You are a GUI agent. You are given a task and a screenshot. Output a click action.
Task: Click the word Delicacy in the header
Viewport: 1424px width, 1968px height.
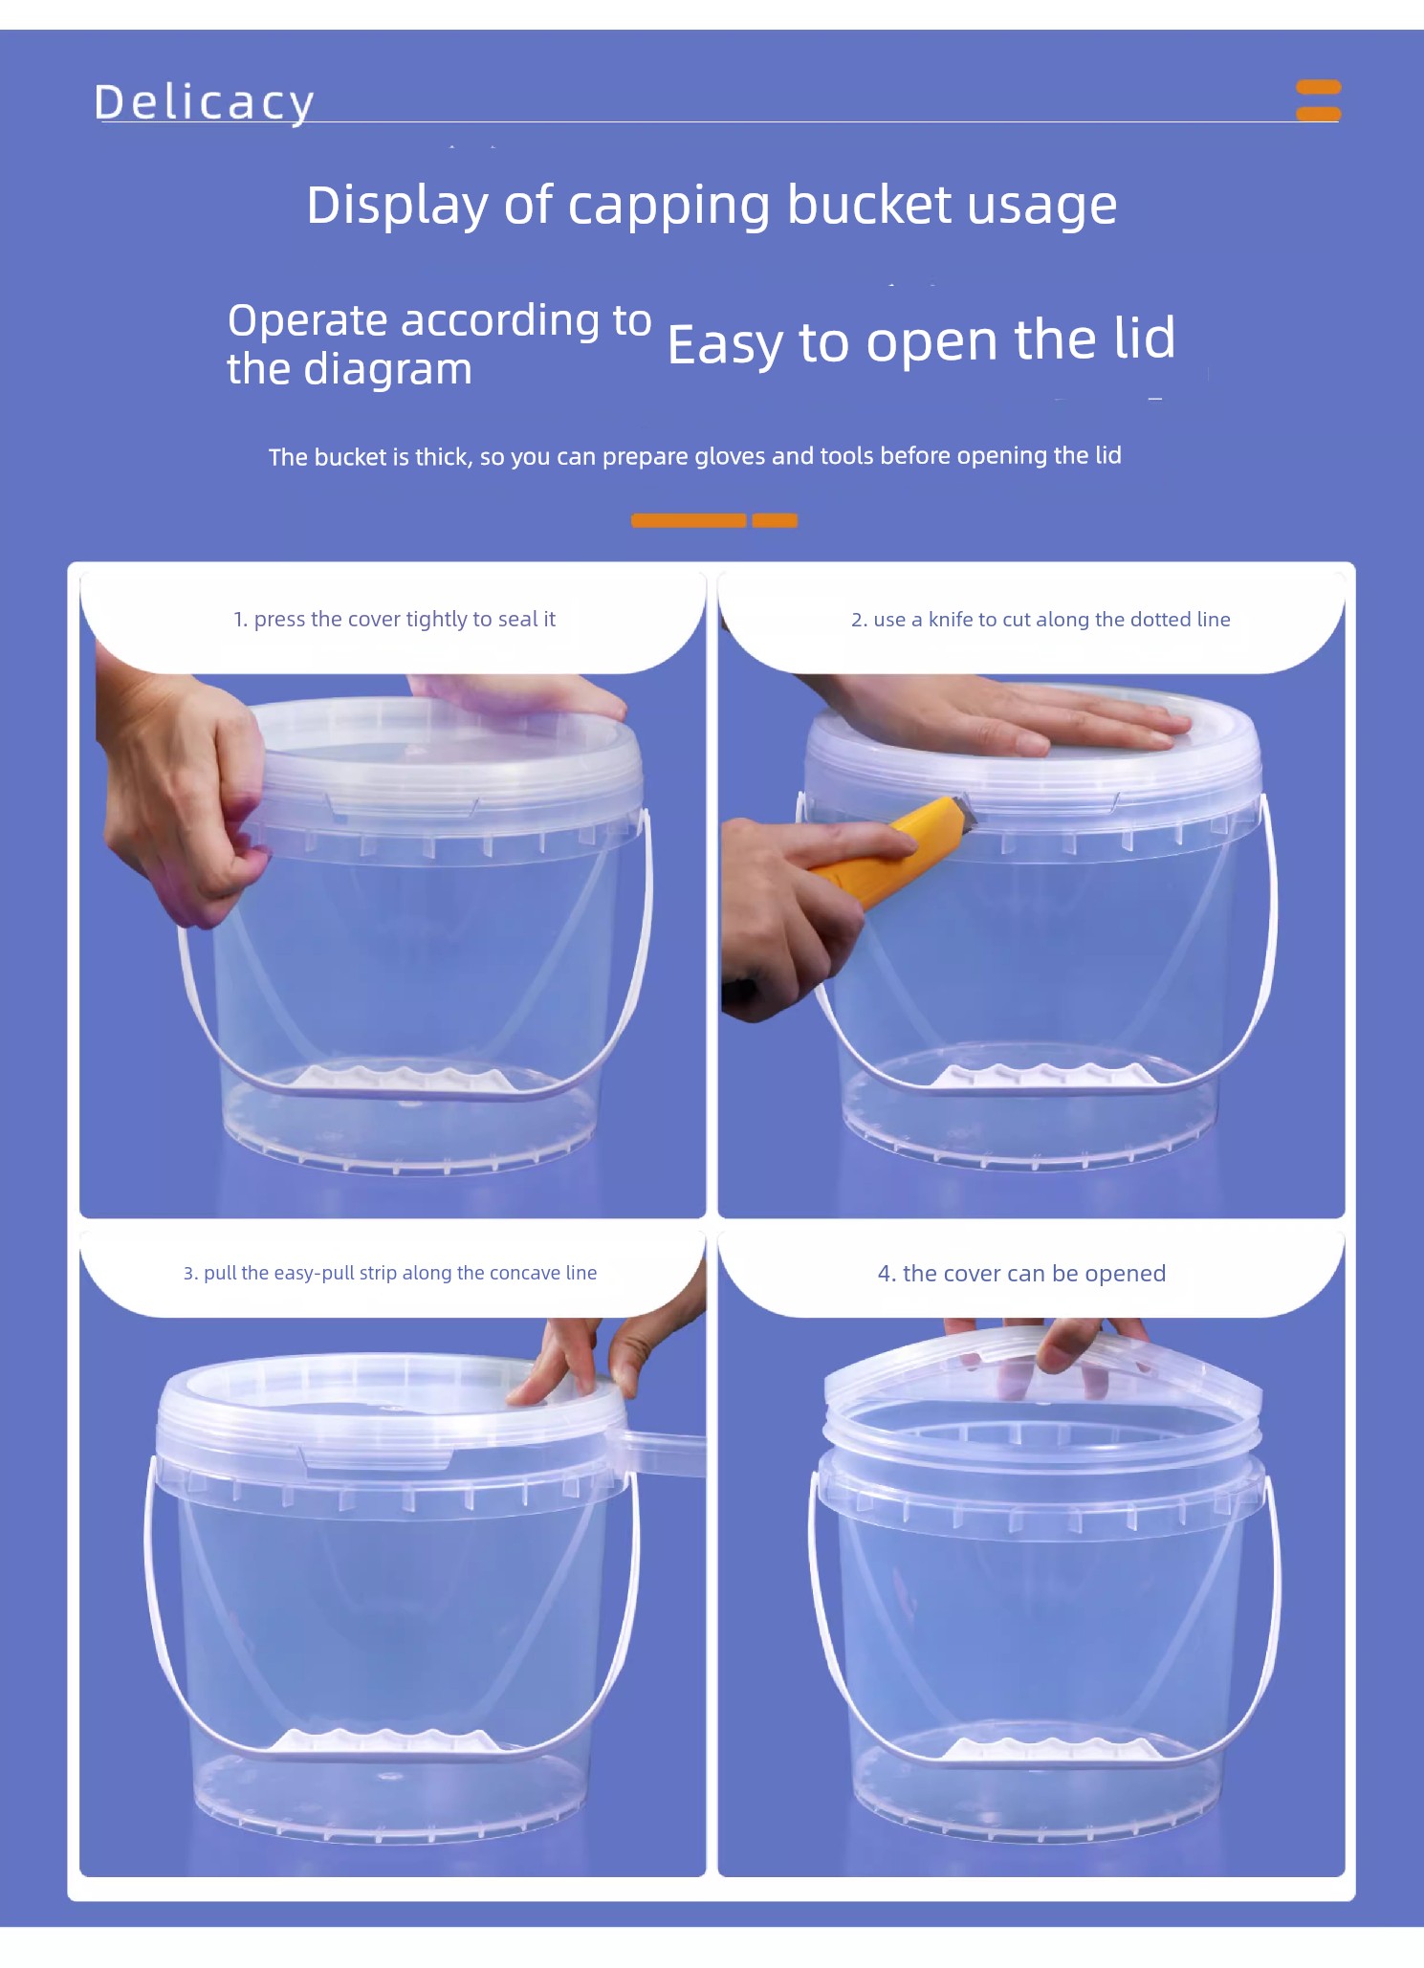tap(204, 102)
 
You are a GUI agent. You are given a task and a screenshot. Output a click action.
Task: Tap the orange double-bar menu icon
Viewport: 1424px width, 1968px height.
tap(1318, 100)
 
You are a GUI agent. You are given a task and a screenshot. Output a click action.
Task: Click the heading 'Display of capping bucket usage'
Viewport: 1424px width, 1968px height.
tap(712, 206)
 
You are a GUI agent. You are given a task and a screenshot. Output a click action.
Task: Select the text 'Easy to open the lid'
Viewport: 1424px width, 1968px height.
tap(921, 340)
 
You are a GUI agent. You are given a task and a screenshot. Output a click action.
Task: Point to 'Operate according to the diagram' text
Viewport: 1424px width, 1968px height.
tap(439, 344)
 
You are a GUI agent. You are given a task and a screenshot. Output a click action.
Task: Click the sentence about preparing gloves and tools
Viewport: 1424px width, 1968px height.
tap(694, 456)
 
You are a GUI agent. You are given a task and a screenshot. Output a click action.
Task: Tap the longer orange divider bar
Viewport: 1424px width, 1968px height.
tap(689, 520)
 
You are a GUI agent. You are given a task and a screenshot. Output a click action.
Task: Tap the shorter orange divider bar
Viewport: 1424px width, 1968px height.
tap(775, 520)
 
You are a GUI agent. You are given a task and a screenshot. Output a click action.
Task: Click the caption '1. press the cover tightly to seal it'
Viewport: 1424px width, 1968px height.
tap(394, 620)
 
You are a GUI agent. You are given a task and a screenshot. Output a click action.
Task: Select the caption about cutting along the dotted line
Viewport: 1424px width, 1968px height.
tap(1041, 620)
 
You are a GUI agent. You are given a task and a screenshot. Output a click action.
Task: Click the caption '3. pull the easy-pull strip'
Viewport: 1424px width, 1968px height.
tap(390, 1273)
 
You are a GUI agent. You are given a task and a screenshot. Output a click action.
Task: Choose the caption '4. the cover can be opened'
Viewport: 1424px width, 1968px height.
tap(1021, 1274)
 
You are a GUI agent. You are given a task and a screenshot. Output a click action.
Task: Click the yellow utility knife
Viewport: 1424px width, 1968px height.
tap(887, 851)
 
